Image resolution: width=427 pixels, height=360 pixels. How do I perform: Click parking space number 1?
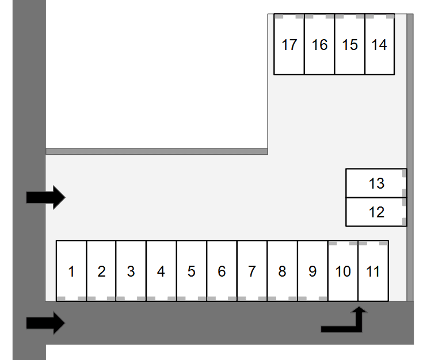71,270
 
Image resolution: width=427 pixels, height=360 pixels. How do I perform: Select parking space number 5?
192,270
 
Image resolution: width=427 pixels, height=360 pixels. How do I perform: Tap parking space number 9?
312,270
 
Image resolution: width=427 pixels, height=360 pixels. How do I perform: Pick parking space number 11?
373,270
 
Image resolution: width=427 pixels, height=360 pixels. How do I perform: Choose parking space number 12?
376,212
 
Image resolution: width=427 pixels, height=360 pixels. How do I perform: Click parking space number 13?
376,183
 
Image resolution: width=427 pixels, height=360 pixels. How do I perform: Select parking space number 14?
380,45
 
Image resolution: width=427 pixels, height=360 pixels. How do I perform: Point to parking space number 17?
289,45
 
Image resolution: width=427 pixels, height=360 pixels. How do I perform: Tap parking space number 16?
319,45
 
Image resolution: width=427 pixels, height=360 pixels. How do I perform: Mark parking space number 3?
131,270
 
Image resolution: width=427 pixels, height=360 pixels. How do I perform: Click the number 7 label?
251,271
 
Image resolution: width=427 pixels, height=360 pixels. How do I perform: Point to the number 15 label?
350,45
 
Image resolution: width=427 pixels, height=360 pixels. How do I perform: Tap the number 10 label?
343,271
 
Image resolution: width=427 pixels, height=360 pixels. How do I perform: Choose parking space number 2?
101,270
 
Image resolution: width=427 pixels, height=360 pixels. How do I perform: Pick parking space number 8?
282,270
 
